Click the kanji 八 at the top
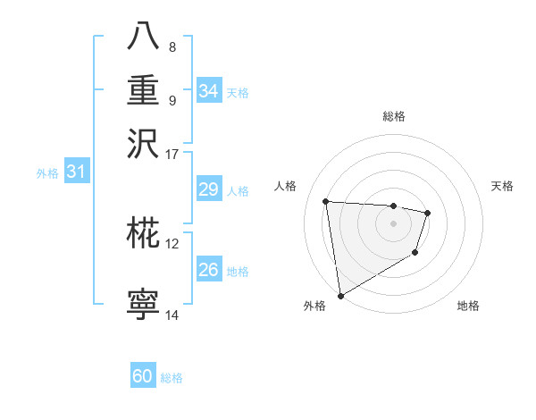[143, 37]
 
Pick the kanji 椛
[143, 233]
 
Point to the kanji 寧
[143, 305]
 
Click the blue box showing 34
[208, 91]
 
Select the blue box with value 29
[208, 189]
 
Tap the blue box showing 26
[208, 270]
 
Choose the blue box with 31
[75, 172]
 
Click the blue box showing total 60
[143, 376]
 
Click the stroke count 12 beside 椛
[172, 242]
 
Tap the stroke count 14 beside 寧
[172, 315]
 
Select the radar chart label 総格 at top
[393, 116]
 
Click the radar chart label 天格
[502, 186]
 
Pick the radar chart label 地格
[468, 306]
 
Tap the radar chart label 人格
[286, 186]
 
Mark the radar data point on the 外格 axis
[340, 295]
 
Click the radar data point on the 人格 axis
[326, 201]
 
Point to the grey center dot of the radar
[393, 223]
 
